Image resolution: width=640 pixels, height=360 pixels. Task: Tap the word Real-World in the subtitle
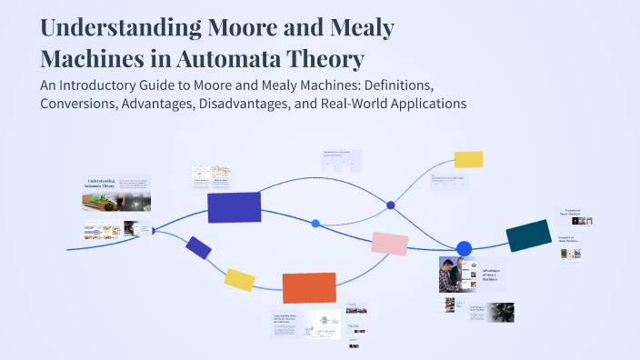click(345, 104)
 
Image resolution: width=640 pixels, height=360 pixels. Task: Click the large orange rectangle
click(309, 287)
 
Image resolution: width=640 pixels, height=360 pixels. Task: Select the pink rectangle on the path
click(390, 243)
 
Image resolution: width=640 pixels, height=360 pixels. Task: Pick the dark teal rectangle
click(528, 235)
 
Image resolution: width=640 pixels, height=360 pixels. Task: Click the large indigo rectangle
click(235, 206)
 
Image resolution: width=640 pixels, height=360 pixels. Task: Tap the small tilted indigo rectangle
click(198, 246)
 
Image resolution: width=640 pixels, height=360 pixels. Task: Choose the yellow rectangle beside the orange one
click(239, 279)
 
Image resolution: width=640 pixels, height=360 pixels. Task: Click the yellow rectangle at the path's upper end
click(468, 159)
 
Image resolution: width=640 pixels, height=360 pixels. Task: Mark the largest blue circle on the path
click(464, 248)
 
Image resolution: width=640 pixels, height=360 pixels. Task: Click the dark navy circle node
click(391, 205)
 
